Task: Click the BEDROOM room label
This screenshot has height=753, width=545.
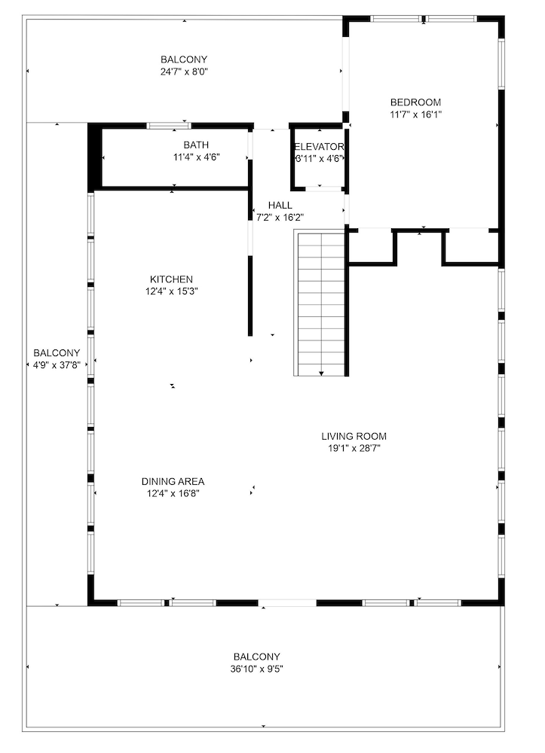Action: [415, 102]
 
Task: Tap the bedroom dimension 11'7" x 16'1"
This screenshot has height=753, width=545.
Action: [415, 114]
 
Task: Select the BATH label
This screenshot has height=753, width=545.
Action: [196, 145]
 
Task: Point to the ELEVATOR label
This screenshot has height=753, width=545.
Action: [319, 147]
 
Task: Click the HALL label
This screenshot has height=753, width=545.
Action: [280, 206]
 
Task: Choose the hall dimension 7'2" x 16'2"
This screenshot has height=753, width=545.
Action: [280, 218]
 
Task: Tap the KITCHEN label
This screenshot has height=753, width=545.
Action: [172, 279]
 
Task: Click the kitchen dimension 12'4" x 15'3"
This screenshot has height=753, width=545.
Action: [172, 291]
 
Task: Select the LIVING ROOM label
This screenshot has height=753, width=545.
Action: [354, 437]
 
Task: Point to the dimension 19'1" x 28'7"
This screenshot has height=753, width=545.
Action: [354, 449]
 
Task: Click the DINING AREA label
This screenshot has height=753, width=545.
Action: [173, 482]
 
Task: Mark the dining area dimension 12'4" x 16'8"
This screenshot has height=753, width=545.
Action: [173, 494]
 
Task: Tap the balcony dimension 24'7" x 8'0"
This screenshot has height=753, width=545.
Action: [184, 72]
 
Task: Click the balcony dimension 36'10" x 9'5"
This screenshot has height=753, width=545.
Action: [256, 669]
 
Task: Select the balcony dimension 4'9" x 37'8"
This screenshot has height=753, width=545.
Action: [57, 365]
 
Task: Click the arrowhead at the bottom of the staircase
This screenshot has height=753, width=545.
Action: [321, 373]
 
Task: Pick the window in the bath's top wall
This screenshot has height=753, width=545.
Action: [169, 126]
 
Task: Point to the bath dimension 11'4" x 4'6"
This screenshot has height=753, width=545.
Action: [197, 157]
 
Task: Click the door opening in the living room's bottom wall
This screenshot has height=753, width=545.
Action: [287, 602]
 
